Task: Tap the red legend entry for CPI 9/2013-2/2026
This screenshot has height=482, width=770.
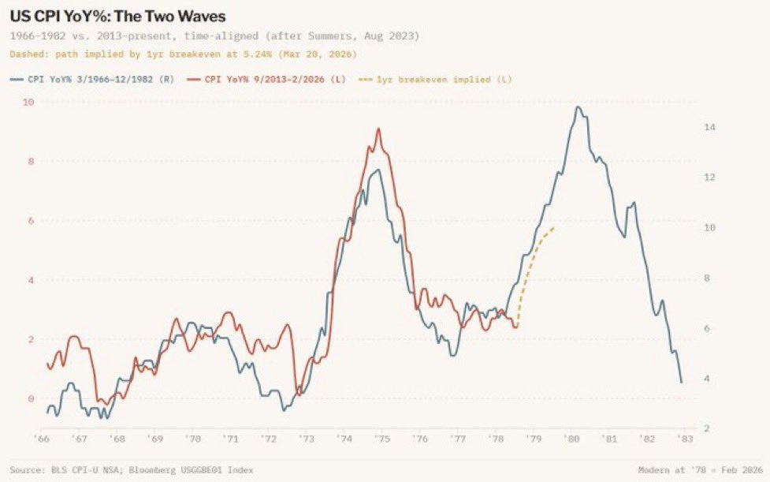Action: (275, 79)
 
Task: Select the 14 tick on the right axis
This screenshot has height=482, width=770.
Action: (709, 127)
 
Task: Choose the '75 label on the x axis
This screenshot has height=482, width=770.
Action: (381, 439)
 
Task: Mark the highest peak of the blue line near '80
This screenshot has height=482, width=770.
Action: (578, 106)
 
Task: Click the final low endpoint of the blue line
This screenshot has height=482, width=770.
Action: (681, 383)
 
